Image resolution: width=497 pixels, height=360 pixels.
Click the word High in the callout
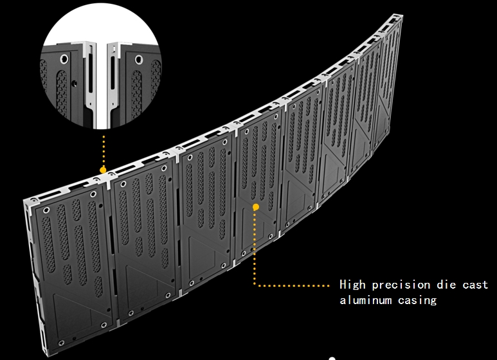tap(353, 285)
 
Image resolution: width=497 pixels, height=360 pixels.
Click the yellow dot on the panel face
tap(255, 207)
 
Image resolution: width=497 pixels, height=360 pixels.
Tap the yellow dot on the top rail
tap(103, 170)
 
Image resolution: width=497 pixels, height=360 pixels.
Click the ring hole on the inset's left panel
tap(64, 59)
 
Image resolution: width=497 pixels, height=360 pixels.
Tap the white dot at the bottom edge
tap(332, 358)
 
